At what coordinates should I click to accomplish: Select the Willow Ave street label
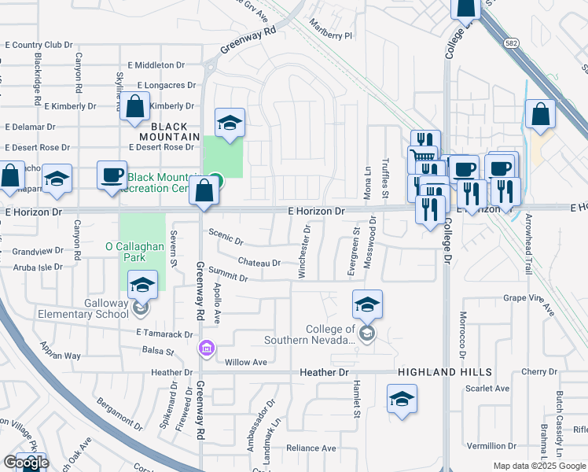tap(246, 363)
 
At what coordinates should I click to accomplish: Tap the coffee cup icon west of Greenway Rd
tap(112, 175)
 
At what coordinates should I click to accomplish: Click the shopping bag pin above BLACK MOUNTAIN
tap(135, 106)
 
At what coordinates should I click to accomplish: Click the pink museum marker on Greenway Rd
tap(207, 347)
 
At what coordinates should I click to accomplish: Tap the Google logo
tap(26, 463)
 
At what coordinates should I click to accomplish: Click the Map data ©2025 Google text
tap(538, 466)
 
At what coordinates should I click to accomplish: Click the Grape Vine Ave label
tap(531, 298)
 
